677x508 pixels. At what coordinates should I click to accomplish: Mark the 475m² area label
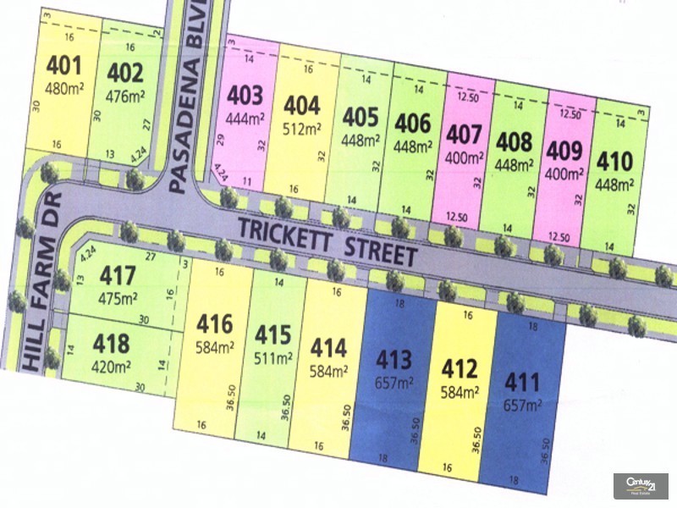pyautogui.click(x=118, y=299)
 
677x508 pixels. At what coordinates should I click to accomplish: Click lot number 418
pyautogui.click(x=112, y=344)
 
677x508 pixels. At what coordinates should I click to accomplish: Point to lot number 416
pyautogui.click(x=215, y=323)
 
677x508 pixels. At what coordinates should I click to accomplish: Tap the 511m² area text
pyautogui.click(x=274, y=356)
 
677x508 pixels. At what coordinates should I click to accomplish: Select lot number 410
pyautogui.click(x=614, y=160)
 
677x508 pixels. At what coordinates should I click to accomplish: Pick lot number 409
pyautogui.click(x=565, y=152)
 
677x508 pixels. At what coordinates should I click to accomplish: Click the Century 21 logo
pyautogui.click(x=641, y=485)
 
